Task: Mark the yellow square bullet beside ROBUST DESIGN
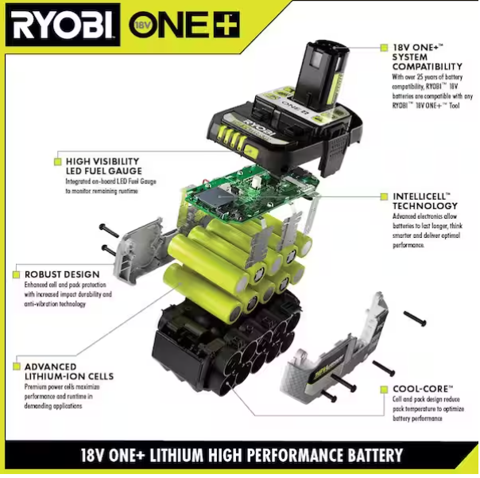coord(17,274)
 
